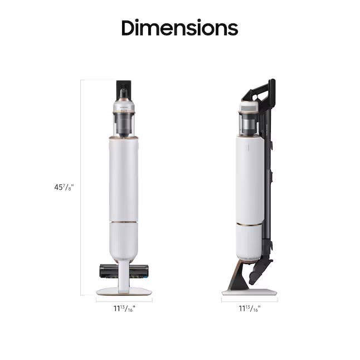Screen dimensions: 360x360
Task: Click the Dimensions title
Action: [179, 27]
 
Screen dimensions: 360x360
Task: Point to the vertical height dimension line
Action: [81, 187]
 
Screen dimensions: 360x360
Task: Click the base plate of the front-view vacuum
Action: [123, 291]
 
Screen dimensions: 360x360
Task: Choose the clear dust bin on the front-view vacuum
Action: [124, 121]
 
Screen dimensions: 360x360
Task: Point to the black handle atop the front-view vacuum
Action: [124, 89]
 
